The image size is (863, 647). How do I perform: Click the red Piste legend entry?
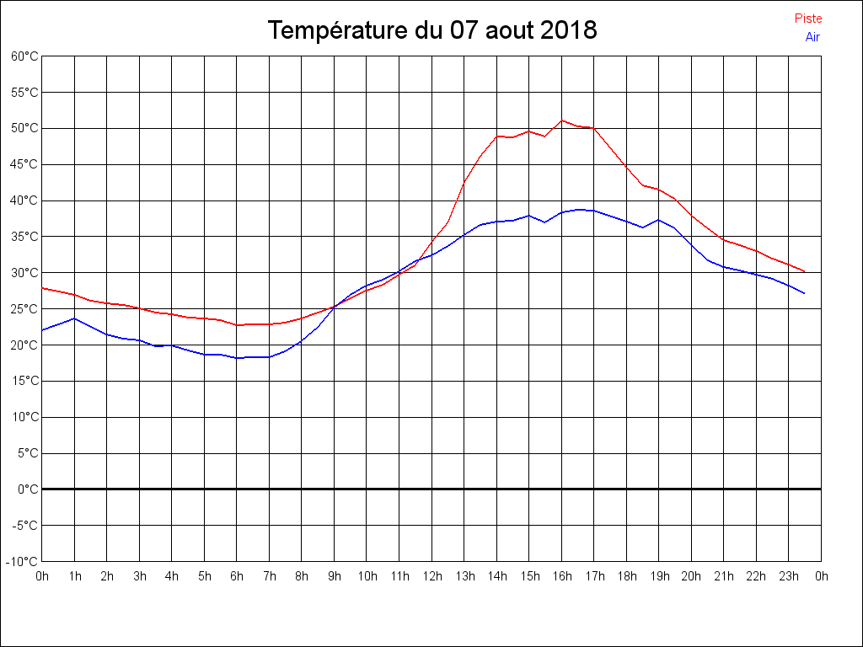coord(807,19)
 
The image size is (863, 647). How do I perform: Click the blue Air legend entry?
coord(812,37)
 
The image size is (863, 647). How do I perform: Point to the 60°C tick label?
coord(24,56)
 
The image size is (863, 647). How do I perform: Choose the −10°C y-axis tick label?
coord(23,562)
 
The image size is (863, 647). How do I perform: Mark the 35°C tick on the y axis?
coord(24,237)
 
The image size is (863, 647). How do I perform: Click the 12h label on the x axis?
coord(432,577)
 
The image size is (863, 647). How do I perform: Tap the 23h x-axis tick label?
coord(789,577)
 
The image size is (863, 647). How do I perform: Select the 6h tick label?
coord(237,577)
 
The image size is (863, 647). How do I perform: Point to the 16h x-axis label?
coord(562,577)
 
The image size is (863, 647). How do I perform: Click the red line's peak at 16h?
coord(562,120)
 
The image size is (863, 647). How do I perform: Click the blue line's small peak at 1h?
coord(75,318)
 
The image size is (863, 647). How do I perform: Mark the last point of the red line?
coord(805,271)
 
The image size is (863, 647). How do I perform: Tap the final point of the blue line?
coord(805,293)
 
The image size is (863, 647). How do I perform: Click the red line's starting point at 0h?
coord(42,288)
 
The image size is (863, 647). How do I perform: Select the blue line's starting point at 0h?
coord(42,330)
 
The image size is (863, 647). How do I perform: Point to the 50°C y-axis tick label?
coord(24,129)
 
